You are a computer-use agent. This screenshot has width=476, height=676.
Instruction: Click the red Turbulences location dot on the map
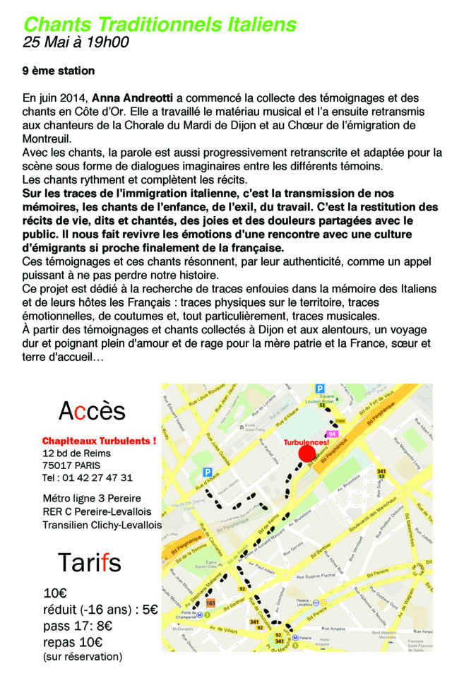[x=307, y=453]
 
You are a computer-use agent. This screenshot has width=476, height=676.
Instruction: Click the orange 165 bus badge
[x=210, y=603]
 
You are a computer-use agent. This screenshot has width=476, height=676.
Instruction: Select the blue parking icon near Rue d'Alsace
[x=208, y=472]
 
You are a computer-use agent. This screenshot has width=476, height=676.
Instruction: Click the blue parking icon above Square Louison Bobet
[x=319, y=388]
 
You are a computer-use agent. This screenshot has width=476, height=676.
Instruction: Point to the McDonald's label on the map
[x=183, y=628]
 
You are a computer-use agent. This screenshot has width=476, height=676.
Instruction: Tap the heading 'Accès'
[x=92, y=410]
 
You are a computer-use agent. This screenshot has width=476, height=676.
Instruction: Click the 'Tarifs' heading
[x=90, y=563]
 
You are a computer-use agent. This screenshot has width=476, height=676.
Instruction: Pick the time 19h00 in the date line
[x=107, y=42]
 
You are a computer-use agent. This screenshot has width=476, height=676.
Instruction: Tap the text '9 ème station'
[x=58, y=71]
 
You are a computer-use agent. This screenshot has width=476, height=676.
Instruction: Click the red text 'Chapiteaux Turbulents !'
[x=99, y=441]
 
